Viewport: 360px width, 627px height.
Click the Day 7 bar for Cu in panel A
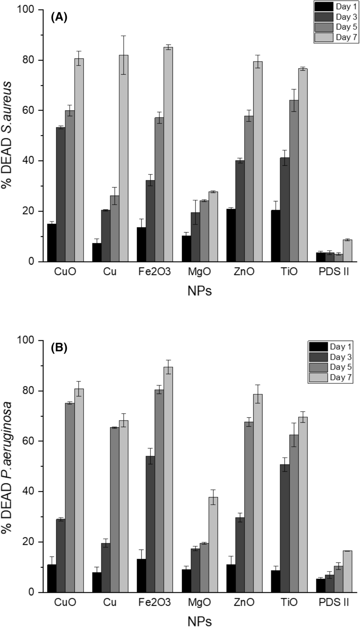tap(123, 158)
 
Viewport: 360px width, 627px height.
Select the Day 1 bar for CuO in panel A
tap(52, 243)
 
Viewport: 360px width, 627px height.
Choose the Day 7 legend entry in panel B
tap(330, 377)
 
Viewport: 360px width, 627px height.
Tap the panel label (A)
tap(59, 17)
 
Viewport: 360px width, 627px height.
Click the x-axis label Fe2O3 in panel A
tap(155, 272)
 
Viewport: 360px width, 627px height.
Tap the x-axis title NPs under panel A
tap(199, 291)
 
